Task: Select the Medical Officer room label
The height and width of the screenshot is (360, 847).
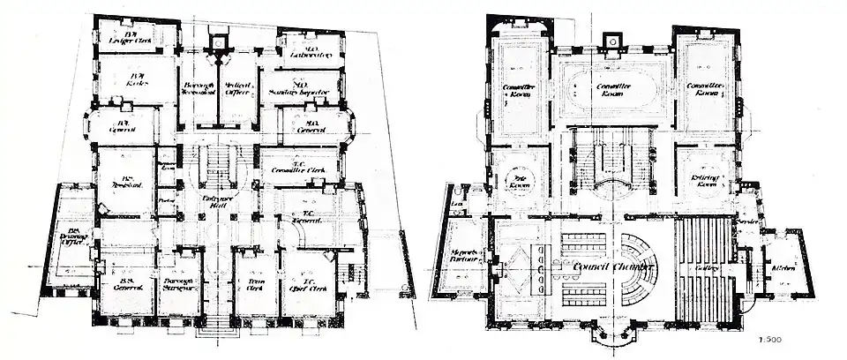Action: (238, 89)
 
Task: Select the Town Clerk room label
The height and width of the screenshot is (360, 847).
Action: (251, 284)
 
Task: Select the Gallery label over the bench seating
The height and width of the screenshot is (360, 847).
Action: (705, 267)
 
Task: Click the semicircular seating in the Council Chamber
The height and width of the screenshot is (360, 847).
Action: (638, 268)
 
